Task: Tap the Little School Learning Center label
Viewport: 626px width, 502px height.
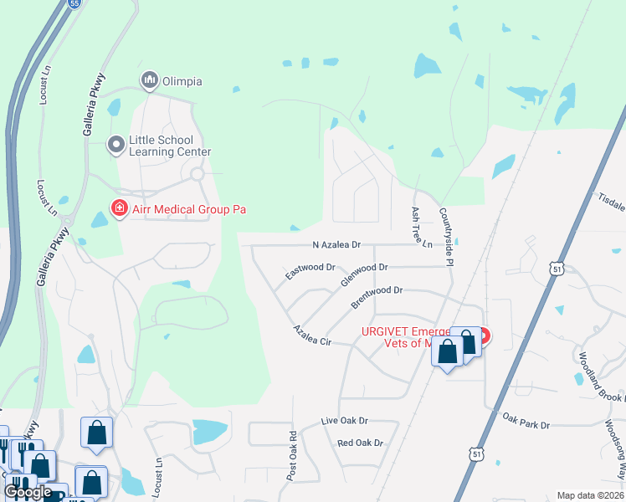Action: pyautogui.click(x=170, y=146)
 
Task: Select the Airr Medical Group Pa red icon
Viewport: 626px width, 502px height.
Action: pyautogui.click(x=119, y=208)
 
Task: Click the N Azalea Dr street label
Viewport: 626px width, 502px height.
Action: pyautogui.click(x=336, y=245)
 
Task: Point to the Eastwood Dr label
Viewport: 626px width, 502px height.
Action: pyautogui.click(x=310, y=271)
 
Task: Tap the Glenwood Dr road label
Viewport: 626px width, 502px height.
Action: pyautogui.click(x=365, y=274)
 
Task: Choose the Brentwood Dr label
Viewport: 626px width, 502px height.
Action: pyautogui.click(x=377, y=296)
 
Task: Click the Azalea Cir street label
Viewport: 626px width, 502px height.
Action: pyautogui.click(x=312, y=336)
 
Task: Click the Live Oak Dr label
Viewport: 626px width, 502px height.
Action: pyautogui.click(x=345, y=422)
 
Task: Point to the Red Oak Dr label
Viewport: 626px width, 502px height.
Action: pyautogui.click(x=360, y=443)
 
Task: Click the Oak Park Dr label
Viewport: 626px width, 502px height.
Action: pyautogui.click(x=526, y=420)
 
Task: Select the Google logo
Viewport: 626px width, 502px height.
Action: pyautogui.click(x=28, y=492)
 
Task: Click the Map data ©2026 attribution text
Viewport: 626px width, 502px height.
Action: pyautogui.click(x=589, y=495)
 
